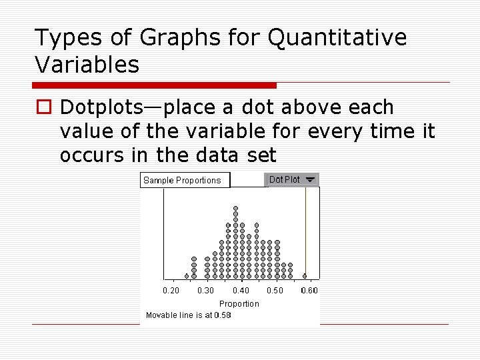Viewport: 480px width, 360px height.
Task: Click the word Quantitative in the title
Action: (337, 38)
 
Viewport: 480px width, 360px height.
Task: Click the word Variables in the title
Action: (87, 65)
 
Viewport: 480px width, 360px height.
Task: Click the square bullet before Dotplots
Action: (43, 107)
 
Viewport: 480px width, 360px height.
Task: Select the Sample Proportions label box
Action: (184, 180)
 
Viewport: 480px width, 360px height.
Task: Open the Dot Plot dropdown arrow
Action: (309, 179)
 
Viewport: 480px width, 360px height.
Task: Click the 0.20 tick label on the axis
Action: (171, 291)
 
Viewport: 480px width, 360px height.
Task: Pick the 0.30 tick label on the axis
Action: (206, 291)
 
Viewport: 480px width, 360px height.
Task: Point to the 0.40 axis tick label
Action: (241, 291)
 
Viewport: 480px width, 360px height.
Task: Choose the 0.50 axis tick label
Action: (275, 291)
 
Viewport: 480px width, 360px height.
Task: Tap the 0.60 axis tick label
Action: (309, 291)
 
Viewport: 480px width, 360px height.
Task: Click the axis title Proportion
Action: (239, 304)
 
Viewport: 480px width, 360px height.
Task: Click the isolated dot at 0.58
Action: (305, 275)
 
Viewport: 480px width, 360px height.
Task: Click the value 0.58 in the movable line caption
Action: (223, 315)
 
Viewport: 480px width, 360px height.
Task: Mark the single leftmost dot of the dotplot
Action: (187, 275)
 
